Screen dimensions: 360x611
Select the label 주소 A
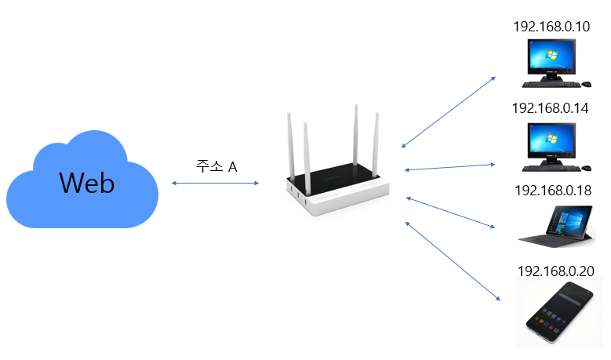(x=216, y=166)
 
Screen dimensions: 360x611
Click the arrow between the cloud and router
(x=215, y=183)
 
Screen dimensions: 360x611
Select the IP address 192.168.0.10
(x=551, y=27)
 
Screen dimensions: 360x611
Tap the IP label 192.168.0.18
(x=553, y=191)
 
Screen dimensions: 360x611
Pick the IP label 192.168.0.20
(x=555, y=271)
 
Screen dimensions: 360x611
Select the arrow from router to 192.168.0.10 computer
(x=448, y=112)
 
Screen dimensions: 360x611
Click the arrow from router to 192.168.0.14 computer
(x=450, y=167)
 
